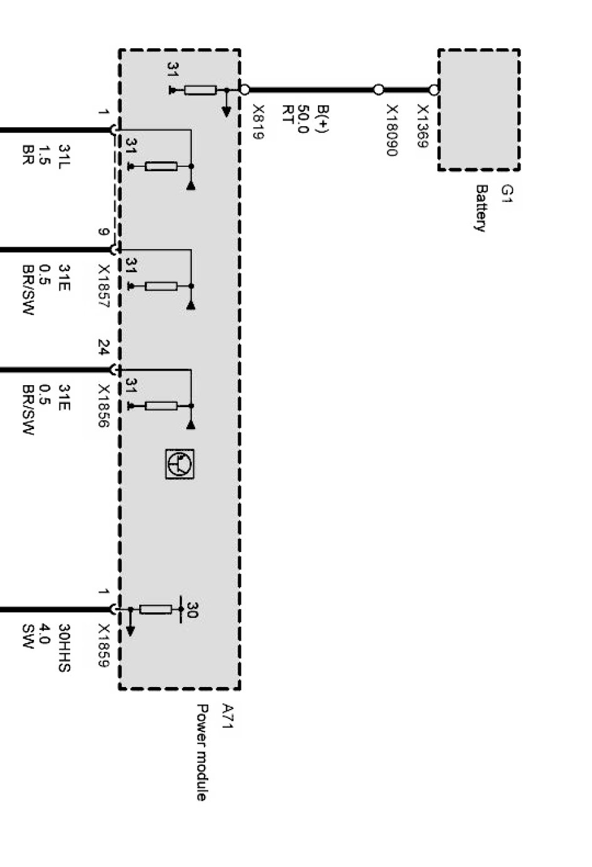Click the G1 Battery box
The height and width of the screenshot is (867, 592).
pyautogui.click(x=478, y=110)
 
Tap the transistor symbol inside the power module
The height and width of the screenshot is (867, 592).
pyautogui.click(x=180, y=464)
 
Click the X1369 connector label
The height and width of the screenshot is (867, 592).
pyautogui.click(x=421, y=125)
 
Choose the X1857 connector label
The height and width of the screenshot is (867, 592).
pyautogui.click(x=104, y=287)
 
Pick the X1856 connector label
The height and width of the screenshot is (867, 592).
pyautogui.click(x=104, y=407)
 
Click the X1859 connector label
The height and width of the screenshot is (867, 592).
pyautogui.click(x=104, y=646)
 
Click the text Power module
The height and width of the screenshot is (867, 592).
pyautogui.click(x=201, y=752)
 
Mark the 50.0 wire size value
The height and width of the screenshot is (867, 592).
pyautogui.click(x=304, y=120)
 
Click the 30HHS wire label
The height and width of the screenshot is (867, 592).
pyautogui.click(x=64, y=647)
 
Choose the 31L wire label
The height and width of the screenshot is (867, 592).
pyautogui.click(x=64, y=156)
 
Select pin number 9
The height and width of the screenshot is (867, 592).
pyautogui.click(x=104, y=233)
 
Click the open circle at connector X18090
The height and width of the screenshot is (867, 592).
pyautogui.click(x=379, y=90)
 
